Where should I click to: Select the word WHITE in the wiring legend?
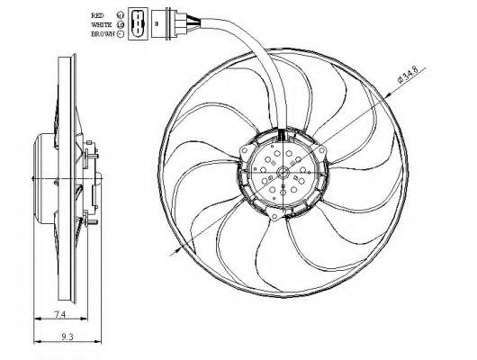pyautogui.click(x=102, y=24)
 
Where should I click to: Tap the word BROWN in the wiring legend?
pyautogui.click(x=102, y=33)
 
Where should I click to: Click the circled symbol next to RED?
pyautogui.click(x=120, y=15)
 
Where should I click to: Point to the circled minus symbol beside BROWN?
pyautogui.click(x=120, y=33)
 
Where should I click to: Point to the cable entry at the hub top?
pyautogui.click(x=283, y=136)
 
